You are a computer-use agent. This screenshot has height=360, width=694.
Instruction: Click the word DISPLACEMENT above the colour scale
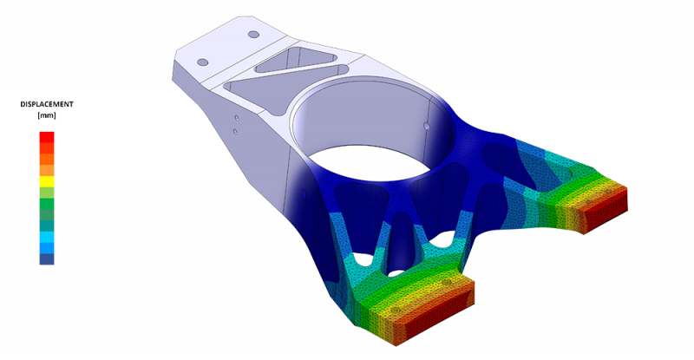pyautogui.click(x=47, y=104)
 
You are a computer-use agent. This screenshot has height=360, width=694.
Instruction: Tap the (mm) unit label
pyautogui.click(x=47, y=115)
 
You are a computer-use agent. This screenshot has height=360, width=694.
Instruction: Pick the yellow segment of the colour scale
pyautogui.click(x=47, y=180)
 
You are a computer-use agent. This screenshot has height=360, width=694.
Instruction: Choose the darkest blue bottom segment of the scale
pyautogui.click(x=47, y=258)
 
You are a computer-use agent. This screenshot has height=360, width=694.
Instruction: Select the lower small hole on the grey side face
pyautogui.click(x=235, y=132)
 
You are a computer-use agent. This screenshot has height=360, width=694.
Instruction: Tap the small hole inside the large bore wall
pyautogui.click(x=426, y=125)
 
